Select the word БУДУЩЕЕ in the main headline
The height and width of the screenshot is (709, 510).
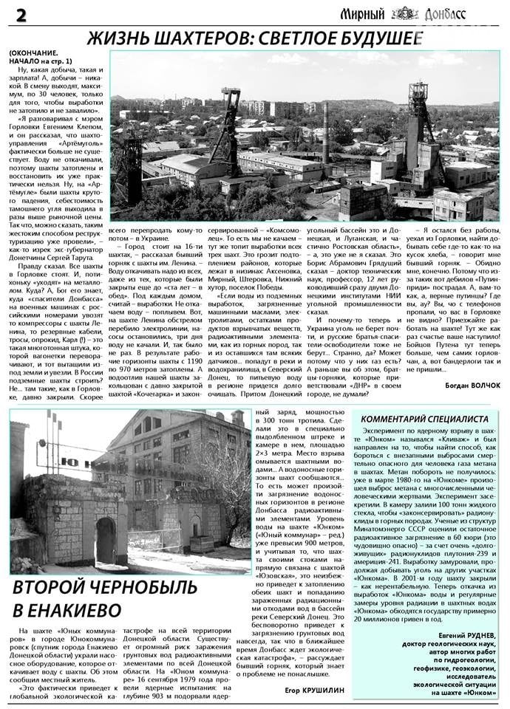tap(378, 39)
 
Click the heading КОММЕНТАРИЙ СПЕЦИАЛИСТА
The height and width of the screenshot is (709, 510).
tap(424, 419)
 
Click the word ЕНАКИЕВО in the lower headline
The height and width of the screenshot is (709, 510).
tap(67, 611)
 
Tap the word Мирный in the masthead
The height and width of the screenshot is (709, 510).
tap(363, 13)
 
